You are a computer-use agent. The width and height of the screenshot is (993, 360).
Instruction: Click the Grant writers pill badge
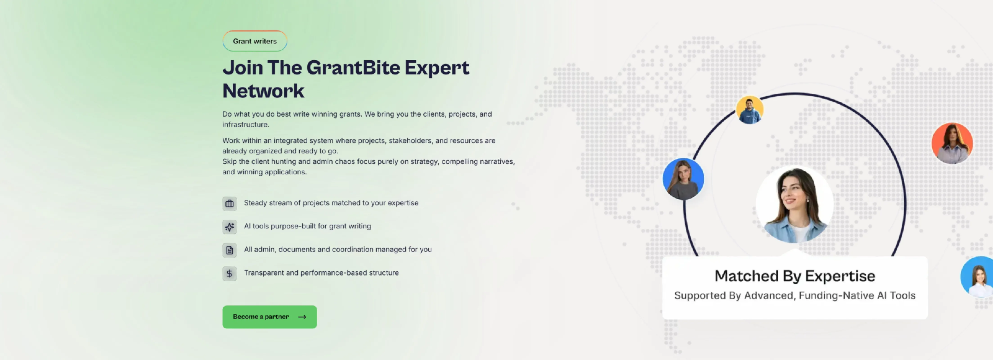[x=255, y=41]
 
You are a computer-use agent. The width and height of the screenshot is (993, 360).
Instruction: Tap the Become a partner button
[x=270, y=317]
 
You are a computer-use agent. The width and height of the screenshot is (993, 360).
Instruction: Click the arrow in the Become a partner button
[x=302, y=317]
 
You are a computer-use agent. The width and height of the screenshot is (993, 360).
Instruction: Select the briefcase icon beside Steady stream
[x=229, y=203]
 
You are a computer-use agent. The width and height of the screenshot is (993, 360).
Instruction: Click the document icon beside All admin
[x=229, y=250]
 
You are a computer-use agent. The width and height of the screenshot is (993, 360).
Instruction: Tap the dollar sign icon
[x=229, y=274]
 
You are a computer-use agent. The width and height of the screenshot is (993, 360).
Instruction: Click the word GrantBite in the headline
[x=353, y=68]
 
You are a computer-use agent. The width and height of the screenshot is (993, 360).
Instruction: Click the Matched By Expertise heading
[x=795, y=276]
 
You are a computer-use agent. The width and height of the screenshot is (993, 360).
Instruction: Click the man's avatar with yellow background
[x=749, y=110]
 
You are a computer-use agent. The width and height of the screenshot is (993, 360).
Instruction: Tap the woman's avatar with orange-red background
[x=952, y=143]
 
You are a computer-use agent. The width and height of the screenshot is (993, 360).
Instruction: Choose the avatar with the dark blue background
[x=683, y=179]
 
